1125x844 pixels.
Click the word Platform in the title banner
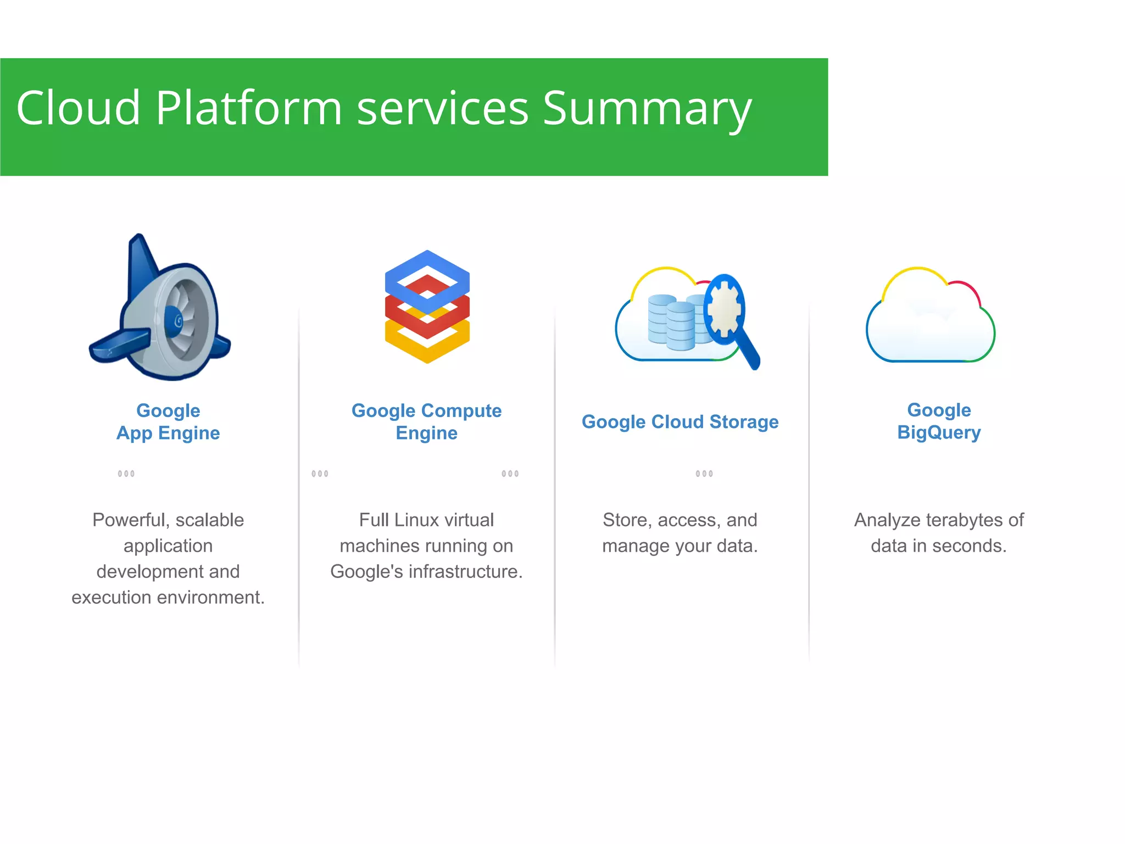point(248,108)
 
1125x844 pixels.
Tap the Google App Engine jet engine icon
point(160,310)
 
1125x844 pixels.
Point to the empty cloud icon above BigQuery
point(930,319)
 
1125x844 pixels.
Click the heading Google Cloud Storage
point(680,421)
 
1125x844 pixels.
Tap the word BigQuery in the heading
point(938,432)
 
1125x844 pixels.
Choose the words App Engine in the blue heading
point(168,433)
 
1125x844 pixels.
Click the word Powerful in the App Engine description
point(127,520)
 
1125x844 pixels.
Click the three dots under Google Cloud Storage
point(704,474)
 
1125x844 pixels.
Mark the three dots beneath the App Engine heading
point(126,474)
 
